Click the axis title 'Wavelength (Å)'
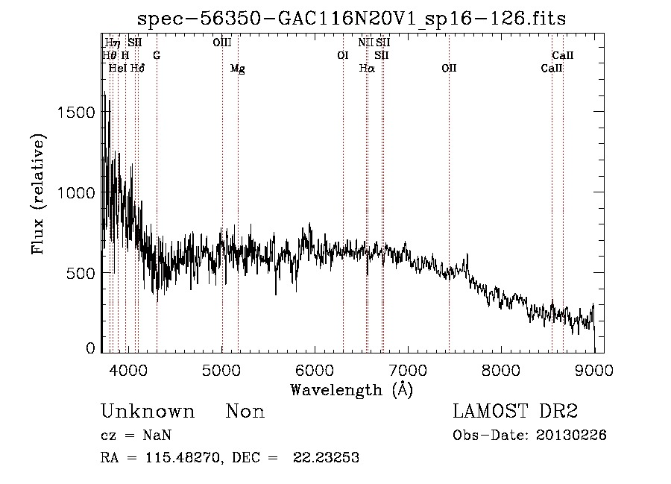[x=350, y=389]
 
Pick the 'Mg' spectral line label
[x=237, y=69]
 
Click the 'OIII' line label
[x=222, y=43]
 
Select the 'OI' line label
[x=343, y=55]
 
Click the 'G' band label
[x=157, y=55]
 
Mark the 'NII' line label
[x=365, y=43]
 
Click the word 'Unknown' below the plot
[x=148, y=412]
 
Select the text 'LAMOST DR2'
[x=515, y=412]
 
